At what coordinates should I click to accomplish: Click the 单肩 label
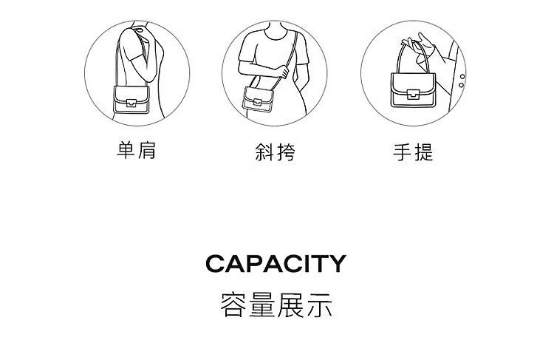tap(137, 150)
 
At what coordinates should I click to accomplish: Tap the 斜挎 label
tap(275, 152)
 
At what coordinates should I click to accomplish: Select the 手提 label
tap(413, 152)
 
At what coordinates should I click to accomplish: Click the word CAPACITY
tap(276, 263)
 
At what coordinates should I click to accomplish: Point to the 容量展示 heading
tap(276, 305)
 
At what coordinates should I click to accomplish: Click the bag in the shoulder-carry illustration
tap(131, 100)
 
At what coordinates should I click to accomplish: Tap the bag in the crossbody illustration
tap(259, 99)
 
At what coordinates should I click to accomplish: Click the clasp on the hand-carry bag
tap(413, 95)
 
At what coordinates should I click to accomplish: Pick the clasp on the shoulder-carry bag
tap(131, 103)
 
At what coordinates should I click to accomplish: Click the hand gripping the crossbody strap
tap(284, 72)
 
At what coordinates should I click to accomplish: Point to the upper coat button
tap(462, 77)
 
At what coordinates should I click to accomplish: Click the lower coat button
tap(461, 85)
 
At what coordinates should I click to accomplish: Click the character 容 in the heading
tap(233, 305)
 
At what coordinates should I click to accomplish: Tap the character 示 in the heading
tap(319, 305)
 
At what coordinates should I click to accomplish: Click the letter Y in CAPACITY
tap(338, 263)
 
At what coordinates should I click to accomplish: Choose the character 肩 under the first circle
tap(147, 150)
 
